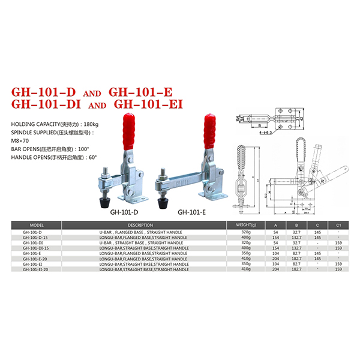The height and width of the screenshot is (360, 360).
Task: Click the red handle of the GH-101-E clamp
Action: click(x=211, y=127)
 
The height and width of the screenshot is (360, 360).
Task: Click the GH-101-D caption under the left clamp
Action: click(x=124, y=212)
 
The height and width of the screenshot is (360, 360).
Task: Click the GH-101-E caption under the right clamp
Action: click(x=192, y=212)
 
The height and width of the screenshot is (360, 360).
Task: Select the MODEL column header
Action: click(x=37, y=225)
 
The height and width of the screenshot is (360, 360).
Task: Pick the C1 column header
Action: click(x=339, y=225)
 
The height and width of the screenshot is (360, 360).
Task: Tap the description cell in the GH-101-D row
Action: click(x=142, y=232)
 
